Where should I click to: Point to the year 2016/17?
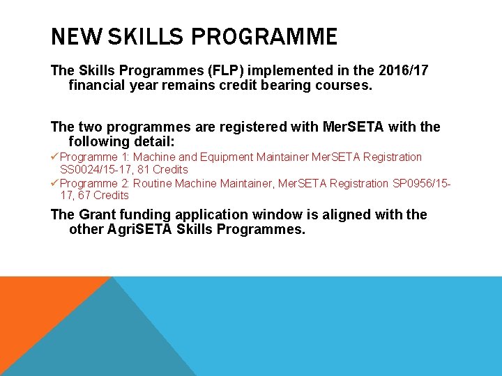(x=400, y=71)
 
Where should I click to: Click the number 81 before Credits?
(x=143, y=169)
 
